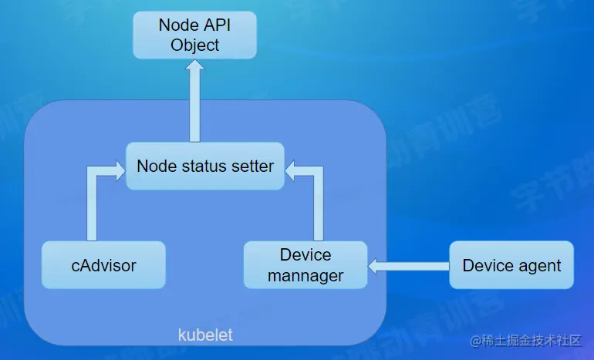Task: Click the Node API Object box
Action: click(194, 35)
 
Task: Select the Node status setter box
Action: click(204, 166)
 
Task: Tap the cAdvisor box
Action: click(103, 265)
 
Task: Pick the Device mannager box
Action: click(305, 265)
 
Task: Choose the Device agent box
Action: click(511, 265)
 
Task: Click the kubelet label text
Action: click(205, 335)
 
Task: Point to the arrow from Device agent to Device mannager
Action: click(409, 266)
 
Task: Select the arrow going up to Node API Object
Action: click(194, 100)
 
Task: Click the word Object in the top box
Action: click(195, 45)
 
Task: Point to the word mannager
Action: click(305, 275)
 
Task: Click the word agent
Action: click(540, 266)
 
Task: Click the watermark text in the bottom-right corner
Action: click(525, 341)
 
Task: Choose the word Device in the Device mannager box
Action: click(305, 255)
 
